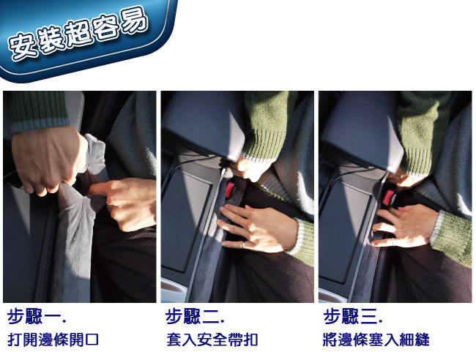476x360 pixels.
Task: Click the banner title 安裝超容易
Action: click(x=78, y=34)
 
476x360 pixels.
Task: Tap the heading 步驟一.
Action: click(x=37, y=316)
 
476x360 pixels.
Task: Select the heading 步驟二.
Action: click(x=195, y=316)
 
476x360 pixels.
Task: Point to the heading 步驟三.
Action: click(x=353, y=316)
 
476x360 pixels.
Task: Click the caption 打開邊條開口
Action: click(x=53, y=340)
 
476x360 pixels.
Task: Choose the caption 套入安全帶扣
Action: click(x=212, y=340)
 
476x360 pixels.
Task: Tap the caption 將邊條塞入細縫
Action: click(x=376, y=340)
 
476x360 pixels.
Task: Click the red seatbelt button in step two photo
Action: click(x=231, y=190)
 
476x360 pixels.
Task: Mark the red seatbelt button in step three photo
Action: click(x=388, y=197)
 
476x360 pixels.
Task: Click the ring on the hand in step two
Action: click(x=243, y=244)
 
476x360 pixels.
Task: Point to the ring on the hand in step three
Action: click(x=393, y=242)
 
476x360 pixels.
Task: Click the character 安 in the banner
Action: click(x=22, y=46)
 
